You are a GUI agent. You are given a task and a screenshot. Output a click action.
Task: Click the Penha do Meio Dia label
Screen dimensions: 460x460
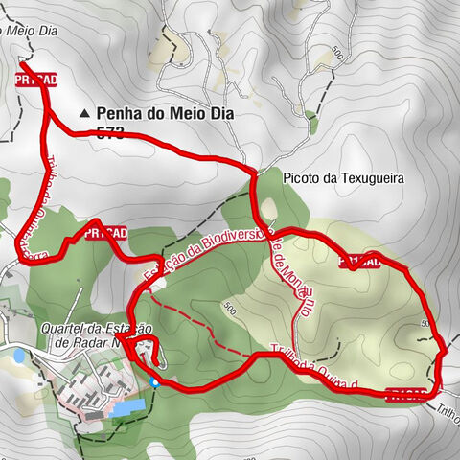pyautogui.click(x=165, y=113)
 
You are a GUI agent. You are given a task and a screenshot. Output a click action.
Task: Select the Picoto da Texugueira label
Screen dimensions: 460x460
pyautogui.click(x=345, y=178)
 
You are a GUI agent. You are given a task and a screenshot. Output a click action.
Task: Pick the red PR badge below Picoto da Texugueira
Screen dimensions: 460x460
pyautogui.click(x=359, y=260)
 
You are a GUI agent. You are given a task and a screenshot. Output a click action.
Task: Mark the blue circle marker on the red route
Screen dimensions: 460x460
pyautogui.click(x=154, y=380)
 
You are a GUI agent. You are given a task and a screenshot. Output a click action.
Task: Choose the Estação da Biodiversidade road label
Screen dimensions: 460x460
pyautogui.click(x=206, y=244)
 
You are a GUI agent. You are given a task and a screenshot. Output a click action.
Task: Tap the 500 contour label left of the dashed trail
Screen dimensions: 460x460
pyautogui.click(x=228, y=307)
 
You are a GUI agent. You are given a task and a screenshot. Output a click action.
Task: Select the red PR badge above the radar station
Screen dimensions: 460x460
pyautogui.click(x=105, y=233)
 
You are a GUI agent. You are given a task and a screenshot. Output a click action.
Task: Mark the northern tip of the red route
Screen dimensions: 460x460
pyautogui.click(x=22, y=63)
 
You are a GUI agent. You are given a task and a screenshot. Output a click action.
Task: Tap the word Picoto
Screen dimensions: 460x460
pyautogui.click(x=302, y=178)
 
